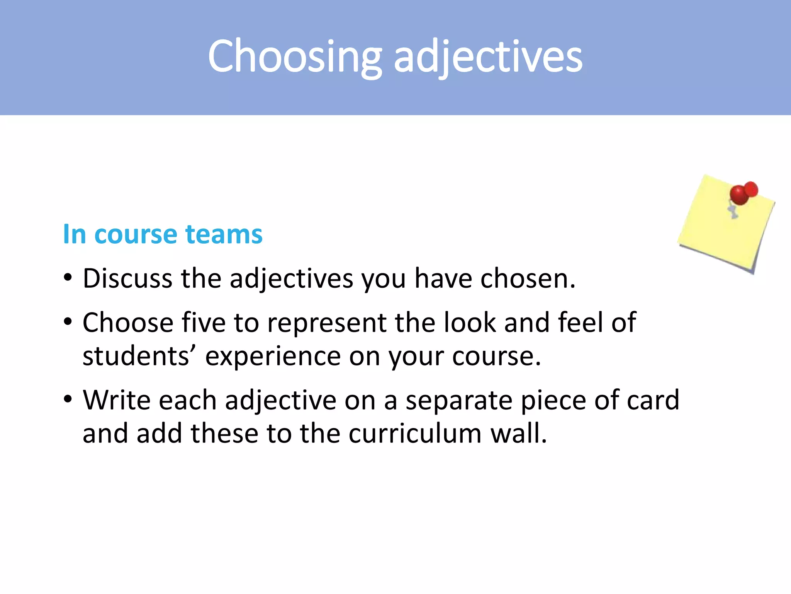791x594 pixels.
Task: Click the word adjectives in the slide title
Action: coord(488,57)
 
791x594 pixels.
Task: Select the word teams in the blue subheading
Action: coord(224,234)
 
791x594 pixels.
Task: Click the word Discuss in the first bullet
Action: coord(127,278)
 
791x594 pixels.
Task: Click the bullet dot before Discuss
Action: coord(68,278)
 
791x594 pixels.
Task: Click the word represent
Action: coord(326,323)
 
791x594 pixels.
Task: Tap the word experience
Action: coord(273,357)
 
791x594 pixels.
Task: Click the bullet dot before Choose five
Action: coord(68,322)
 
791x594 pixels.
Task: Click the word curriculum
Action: coord(415,433)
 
